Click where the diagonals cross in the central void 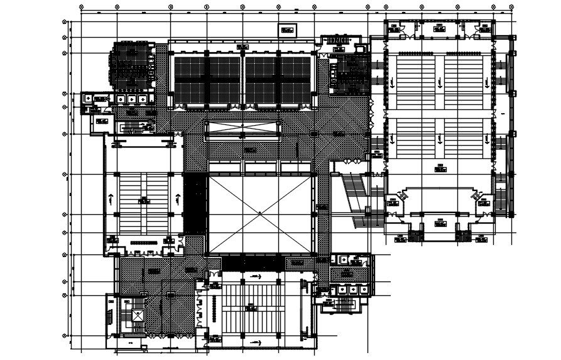(x=260, y=214)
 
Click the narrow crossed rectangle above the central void (x=242, y=128)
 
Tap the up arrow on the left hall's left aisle (x=111, y=199)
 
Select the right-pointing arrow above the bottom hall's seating (x=256, y=276)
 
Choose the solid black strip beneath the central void (x=260, y=263)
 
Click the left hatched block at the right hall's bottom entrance (x=415, y=236)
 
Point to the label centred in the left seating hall (x=144, y=200)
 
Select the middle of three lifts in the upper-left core (x=131, y=99)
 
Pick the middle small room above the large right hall (x=438, y=28)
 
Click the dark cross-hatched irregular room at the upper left (x=130, y=66)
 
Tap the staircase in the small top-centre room (x=340, y=40)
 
